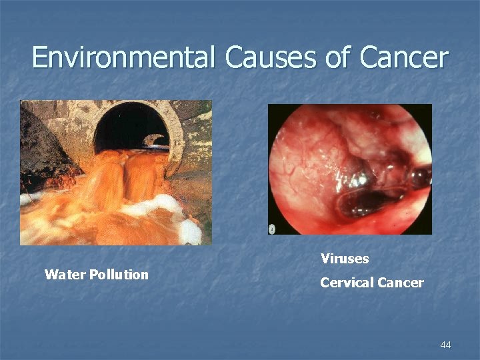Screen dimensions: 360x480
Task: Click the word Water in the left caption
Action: coord(61,275)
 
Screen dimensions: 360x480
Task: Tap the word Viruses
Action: coord(344,258)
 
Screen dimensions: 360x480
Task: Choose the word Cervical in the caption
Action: coord(347,283)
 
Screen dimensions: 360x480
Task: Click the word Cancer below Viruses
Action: coord(400,283)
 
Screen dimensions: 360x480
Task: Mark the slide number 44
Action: coord(445,345)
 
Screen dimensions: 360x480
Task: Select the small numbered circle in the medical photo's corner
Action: coord(272,229)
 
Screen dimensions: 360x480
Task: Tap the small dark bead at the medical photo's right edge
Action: coord(421,177)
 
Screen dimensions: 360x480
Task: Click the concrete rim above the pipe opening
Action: coord(133,107)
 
